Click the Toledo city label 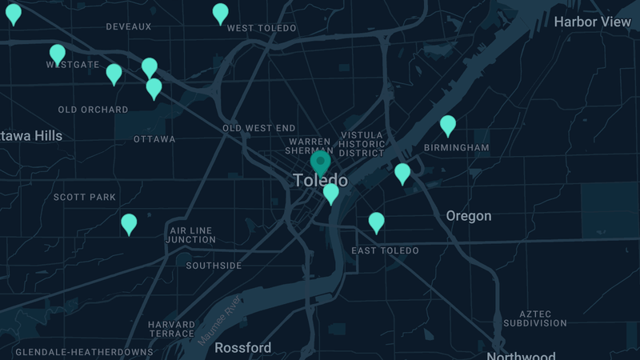pyautogui.click(x=320, y=181)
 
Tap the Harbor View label pyautogui.click(x=592, y=22)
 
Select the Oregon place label pyautogui.click(x=469, y=216)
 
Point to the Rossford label pyautogui.click(x=243, y=348)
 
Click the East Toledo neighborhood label pyautogui.click(x=385, y=250)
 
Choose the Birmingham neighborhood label pyautogui.click(x=456, y=148)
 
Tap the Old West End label pyautogui.click(x=258, y=128)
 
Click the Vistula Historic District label pyautogui.click(x=362, y=144)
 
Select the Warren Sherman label pyautogui.click(x=309, y=146)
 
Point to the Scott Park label pyautogui.click(x=84, y=197)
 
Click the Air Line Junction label pyautogui.click(x=192, y=234)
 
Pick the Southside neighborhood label pyautogui.click(x=214, y=266)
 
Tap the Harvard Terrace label pyautogui.click(x=171, y=329)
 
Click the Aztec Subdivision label pyautogui.click(x=535, y=318)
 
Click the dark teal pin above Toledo pyautogui.click(x=320, y=163)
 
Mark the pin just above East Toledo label pyautogui.click(x=376, y=222)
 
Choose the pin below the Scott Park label pyautogui.click(x=129, y=224)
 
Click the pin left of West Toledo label pyautogui.click(x=220, y=13)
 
